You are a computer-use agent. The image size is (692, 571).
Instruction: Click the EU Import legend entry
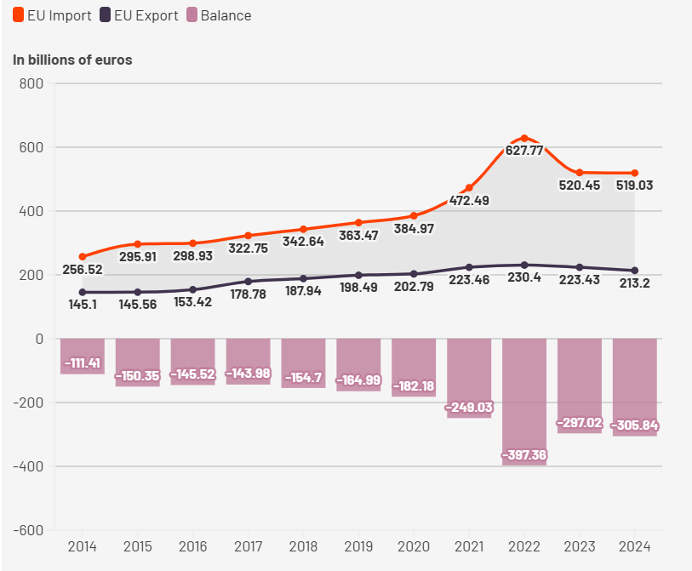tap(53, 15)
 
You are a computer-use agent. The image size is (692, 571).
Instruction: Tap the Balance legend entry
tap(219, 15)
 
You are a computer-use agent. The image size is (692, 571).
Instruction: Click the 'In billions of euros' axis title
tap(72, 60)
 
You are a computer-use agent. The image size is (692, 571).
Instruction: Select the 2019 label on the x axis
tap(358, 545)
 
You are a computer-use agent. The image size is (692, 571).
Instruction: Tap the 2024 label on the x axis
tap(634, 545)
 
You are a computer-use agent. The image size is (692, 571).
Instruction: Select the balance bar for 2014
tap(83, 356)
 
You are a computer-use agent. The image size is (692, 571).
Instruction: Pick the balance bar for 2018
tap(303, 363)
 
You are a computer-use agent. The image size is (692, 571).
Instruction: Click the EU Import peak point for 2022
tap(524, 138)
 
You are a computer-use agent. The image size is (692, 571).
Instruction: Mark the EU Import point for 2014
tap(83, 256)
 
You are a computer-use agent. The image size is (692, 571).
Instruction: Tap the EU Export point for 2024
tap(634, 271)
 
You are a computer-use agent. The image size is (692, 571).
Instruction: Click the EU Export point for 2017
tap(248, 282)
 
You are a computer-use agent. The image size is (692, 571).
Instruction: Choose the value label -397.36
tap(524, 455)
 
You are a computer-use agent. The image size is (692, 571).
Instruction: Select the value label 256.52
tap(83, 270)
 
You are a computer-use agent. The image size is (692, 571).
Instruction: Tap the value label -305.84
tap(634, 425)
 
